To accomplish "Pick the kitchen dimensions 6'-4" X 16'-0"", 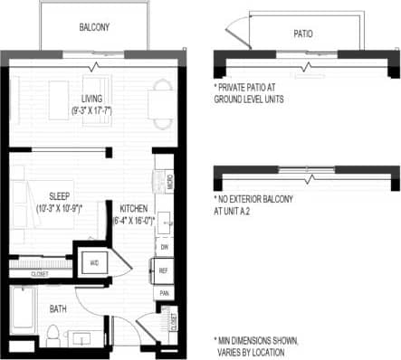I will coord(132,219).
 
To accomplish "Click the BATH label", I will coord(59,309).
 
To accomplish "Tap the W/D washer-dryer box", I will coord(95,263).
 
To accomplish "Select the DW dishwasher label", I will coord(164,246).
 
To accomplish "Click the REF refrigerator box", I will coord(164,270).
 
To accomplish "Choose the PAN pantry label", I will coord(164,293).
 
